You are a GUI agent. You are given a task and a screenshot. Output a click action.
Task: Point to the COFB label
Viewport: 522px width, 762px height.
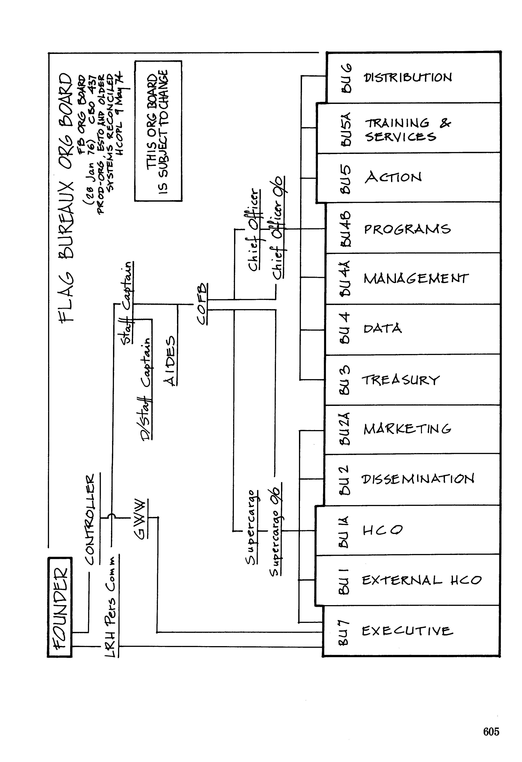coord(202,304)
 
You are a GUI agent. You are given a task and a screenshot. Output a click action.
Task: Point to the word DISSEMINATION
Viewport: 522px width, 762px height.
coord(418,479)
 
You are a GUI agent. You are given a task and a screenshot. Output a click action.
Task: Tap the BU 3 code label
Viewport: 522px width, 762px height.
coord(345,380)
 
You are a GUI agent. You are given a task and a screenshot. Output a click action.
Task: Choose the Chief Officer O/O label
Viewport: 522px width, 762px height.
coord(279,228)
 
